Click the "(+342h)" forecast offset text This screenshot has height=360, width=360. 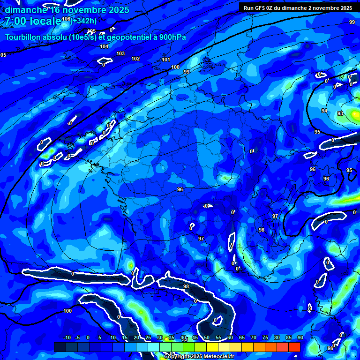click(84, 21)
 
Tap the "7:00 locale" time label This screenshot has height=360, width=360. click(33, 21)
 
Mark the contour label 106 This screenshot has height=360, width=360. click(66, 19)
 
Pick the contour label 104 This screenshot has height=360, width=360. click(104, 46)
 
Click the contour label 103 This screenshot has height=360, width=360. click(120, 54)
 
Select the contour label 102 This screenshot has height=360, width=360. click(135, 59)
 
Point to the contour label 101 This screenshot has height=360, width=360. click(165, 60)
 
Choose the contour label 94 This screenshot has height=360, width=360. click(324, 111)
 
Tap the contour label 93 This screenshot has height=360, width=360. click(340, 114)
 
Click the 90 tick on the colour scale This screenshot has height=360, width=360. click(300, 337)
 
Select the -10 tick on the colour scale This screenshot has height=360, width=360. click(67, 337)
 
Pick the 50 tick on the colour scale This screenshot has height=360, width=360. click(207, 337)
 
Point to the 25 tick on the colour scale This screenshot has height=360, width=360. click(148, 337)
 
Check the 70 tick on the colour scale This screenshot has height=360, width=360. click(254, 337)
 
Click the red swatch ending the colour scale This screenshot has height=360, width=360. click(294, 347)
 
